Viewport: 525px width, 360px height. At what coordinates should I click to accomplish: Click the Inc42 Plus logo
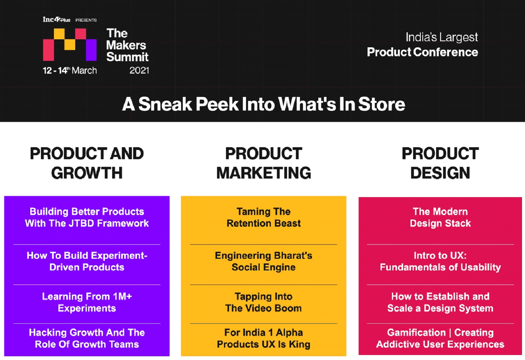57,19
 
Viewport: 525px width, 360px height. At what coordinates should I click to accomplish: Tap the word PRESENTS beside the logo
86,20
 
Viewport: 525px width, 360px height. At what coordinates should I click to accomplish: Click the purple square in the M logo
91,50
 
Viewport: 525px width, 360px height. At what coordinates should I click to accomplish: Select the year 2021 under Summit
139,70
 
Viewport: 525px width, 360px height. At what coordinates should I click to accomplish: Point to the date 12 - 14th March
70,70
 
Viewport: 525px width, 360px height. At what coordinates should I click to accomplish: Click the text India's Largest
442,37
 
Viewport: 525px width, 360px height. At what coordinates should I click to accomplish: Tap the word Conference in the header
445,52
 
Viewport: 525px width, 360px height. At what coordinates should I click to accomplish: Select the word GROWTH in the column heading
87,173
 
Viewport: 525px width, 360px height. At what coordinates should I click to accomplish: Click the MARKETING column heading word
264,173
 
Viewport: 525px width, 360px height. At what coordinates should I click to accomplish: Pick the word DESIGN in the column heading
440,173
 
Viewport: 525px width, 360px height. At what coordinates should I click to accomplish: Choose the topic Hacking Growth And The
87,333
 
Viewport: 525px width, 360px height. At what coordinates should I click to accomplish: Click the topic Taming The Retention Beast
264,217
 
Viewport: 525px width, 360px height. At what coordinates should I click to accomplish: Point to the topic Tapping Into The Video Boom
264,302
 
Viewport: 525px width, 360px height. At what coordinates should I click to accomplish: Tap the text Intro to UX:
440,255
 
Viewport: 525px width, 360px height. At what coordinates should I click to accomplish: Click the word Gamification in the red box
416,333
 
